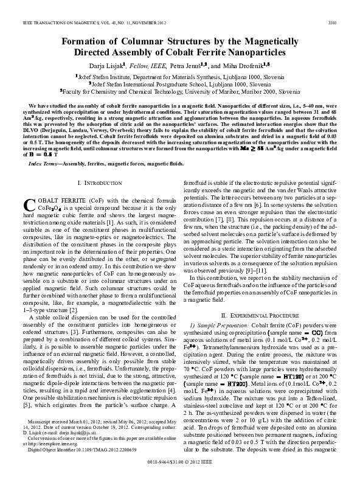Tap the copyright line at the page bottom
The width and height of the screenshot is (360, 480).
(179, 462)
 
